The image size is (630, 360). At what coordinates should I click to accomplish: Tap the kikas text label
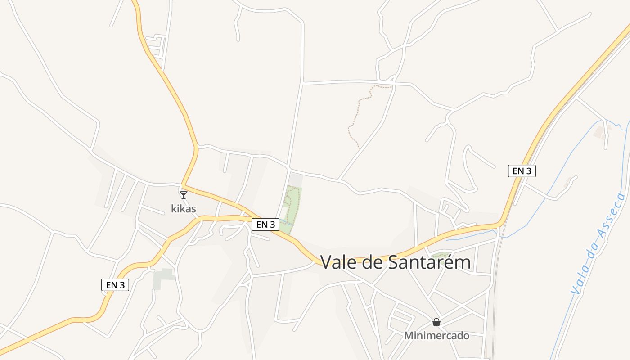(184, 209)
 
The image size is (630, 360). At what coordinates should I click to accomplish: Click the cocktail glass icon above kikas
(184, 195)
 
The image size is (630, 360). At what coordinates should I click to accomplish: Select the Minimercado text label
(436, 336)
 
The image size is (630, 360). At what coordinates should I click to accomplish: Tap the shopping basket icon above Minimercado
(436, 322)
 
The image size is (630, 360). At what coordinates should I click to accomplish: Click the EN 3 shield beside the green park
(265, 225)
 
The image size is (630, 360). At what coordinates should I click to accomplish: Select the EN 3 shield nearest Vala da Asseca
(522, 171)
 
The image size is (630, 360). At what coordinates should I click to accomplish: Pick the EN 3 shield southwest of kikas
(115, 284)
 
